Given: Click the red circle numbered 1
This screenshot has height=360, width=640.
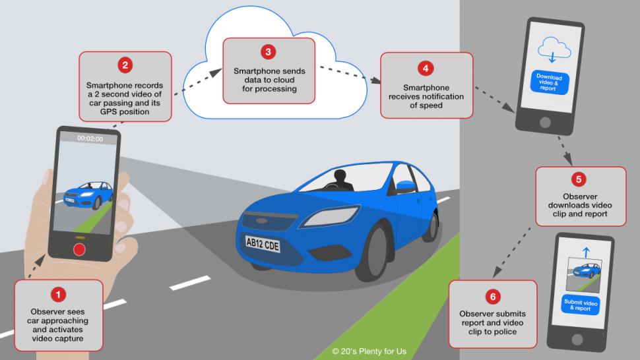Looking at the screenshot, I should tap(59, 294).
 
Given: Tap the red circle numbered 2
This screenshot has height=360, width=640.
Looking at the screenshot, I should tap(125, 65).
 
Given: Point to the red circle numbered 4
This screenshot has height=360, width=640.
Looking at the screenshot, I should tap(426, 67).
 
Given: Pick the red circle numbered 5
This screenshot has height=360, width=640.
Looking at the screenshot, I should tap(580, 179).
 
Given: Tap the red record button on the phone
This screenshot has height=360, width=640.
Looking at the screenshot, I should tap(80, 250).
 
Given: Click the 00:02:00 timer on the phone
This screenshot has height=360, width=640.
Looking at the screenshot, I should tap(89, 138).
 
